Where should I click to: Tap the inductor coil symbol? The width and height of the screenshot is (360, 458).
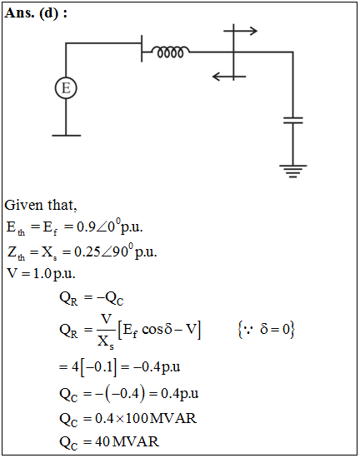170,52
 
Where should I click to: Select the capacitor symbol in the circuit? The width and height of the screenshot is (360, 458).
293,121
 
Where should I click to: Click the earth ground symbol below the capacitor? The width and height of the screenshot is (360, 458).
293,172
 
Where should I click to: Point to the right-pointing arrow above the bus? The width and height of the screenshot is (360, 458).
241,31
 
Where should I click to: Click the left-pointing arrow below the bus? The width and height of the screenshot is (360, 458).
229,77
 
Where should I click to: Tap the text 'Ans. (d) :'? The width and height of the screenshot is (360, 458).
36,13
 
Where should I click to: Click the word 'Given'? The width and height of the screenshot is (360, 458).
24,205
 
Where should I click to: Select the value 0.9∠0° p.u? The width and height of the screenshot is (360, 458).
109,227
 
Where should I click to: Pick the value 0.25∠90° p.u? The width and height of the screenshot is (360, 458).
116,251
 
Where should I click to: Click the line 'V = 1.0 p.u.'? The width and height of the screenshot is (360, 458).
41,274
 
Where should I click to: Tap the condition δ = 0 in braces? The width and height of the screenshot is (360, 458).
267,330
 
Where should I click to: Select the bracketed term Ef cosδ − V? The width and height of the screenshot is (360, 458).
159,330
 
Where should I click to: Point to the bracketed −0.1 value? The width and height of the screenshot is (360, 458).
98,367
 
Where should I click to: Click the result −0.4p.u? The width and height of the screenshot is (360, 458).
157,367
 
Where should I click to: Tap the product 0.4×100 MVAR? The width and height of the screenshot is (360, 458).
146,418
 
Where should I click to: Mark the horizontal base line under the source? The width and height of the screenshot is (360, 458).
67,136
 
